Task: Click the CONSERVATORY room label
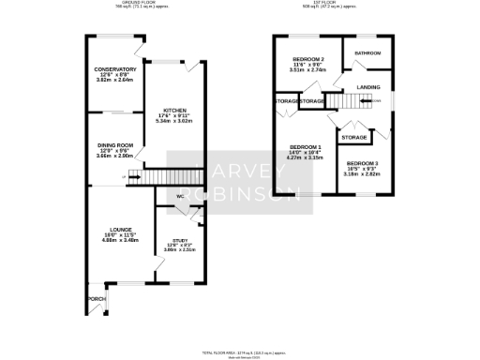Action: point(113,69)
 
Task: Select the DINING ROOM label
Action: point(113,145)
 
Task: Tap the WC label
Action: point(179,196)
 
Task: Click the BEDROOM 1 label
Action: point(306,147)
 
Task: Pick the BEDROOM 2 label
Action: point(307,59)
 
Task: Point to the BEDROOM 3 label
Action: point(362,163)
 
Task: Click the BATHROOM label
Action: point(367,53)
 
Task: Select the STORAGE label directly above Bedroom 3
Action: point(353,137)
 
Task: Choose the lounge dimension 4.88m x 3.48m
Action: point(120,240)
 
